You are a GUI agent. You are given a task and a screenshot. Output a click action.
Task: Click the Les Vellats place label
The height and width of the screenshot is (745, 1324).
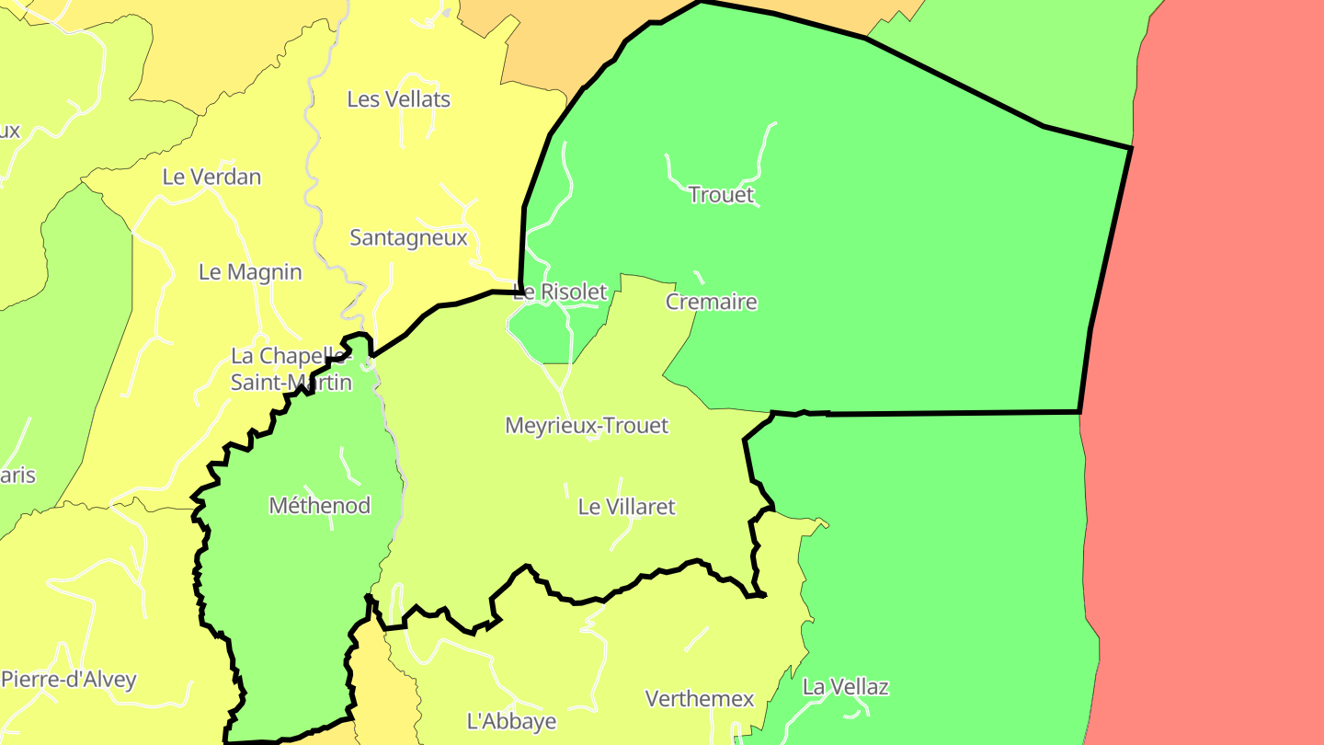(398, 99)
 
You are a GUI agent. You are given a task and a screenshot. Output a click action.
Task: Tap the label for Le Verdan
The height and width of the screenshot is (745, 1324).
(211, 177)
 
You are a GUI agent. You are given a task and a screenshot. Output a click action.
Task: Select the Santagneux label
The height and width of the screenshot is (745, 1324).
(408, 238)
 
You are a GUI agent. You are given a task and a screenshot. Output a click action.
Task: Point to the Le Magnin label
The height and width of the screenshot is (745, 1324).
(250, 272)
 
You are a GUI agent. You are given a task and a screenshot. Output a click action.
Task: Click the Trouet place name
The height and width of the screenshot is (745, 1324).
(721, 195)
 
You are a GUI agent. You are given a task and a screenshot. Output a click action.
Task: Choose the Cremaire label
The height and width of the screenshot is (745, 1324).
(711, 302)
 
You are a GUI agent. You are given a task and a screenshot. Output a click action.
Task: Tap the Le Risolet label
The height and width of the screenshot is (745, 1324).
(560, 292)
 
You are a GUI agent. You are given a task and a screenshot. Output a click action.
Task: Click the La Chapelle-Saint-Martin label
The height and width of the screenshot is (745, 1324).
(291, 369)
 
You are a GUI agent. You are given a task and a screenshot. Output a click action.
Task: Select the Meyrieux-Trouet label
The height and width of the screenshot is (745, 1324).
(587, 426)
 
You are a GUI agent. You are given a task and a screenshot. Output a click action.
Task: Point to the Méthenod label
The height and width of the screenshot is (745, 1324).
(320, 506)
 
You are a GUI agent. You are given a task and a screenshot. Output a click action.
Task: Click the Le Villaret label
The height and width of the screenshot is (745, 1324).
(626, 507)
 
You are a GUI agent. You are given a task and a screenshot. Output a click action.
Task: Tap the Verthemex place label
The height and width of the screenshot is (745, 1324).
(700, 699)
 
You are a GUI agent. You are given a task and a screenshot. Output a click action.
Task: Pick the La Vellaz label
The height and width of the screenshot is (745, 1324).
(846, 687)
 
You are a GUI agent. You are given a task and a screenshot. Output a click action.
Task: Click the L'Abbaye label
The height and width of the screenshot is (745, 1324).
(511, 721)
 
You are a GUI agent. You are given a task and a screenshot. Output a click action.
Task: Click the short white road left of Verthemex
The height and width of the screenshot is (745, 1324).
(696, 639)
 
